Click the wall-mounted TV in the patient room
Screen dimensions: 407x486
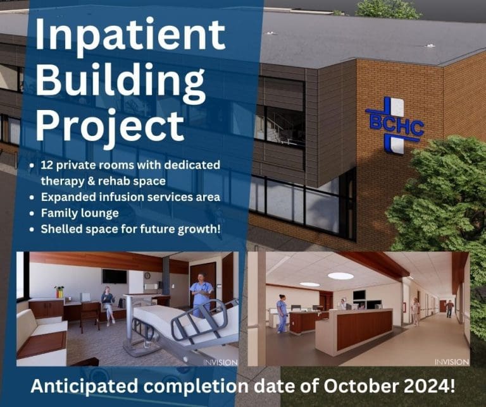point(114,276)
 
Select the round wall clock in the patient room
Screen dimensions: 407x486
point(147,275)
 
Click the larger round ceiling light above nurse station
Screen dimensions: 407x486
point(340,276)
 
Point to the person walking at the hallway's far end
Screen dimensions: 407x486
point(449,308)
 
